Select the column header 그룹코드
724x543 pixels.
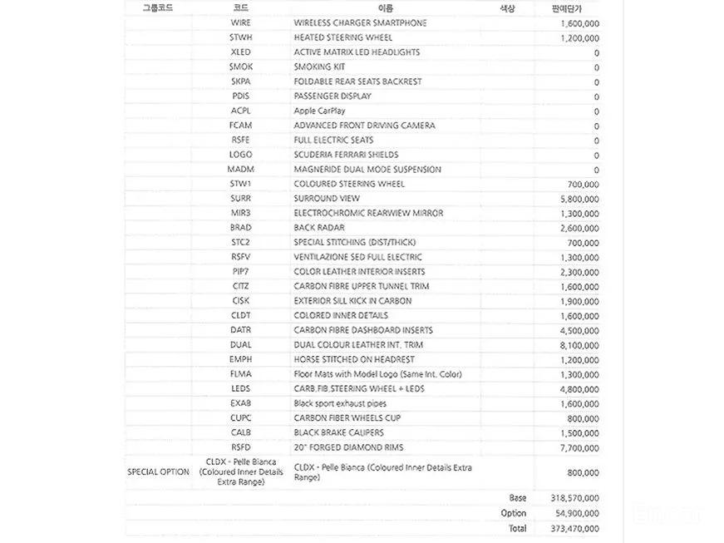[158, 8]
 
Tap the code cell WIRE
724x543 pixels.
[240, 23]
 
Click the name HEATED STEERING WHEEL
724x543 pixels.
[343, 37]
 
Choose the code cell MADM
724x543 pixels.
[240, 170]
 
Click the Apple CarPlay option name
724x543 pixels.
[319, 111]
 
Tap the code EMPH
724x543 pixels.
[240, 359]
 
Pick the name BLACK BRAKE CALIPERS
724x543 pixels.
[338, 432]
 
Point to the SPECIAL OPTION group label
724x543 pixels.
[158, 472]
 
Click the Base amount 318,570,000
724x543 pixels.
[574, 498]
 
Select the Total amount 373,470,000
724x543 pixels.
[574, 528]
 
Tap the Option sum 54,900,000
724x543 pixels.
[576, 513]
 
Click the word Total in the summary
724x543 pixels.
[516, 528]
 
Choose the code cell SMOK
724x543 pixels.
[240, 67]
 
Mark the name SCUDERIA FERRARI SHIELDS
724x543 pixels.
[346, 155]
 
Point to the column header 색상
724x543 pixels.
[506, 8]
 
